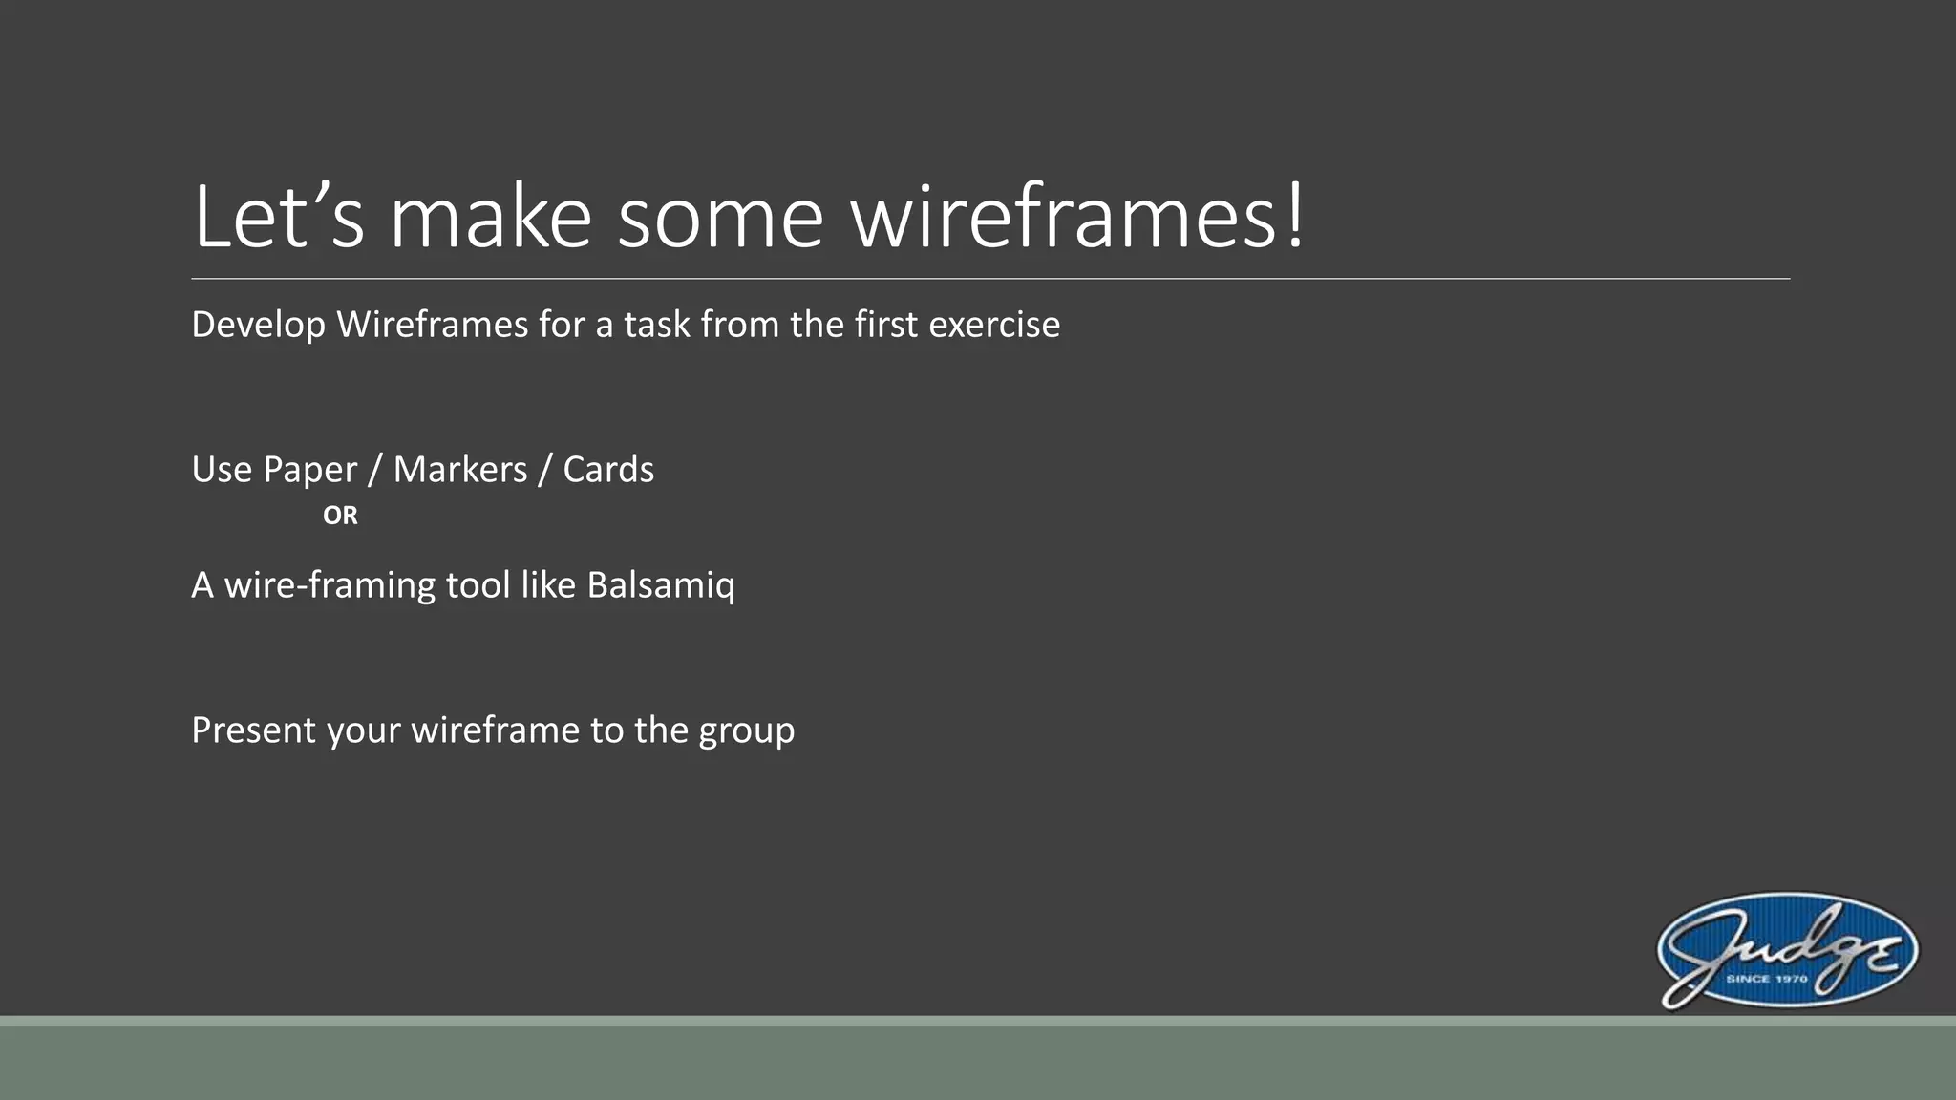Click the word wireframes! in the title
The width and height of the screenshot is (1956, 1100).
pos(1077,218)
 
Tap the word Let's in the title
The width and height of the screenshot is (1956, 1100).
pos(278,218)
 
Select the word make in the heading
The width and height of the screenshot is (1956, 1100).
pos(491,218)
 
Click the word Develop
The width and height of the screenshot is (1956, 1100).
pos(258,326)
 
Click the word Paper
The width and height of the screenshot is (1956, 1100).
pos(309,470)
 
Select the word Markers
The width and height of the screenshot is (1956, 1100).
pos(460,470)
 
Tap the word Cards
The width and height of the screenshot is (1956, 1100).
pos(608,470)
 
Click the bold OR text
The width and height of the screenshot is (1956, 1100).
pos(340,516)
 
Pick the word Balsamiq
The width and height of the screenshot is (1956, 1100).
pos(661,585)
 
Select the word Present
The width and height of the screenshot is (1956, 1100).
pos(253,730)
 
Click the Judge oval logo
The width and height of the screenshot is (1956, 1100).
pos(1787,951)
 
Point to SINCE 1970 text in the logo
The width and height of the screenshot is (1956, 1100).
pos(1766,979)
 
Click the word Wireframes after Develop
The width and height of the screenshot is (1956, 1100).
pos(432,326)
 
